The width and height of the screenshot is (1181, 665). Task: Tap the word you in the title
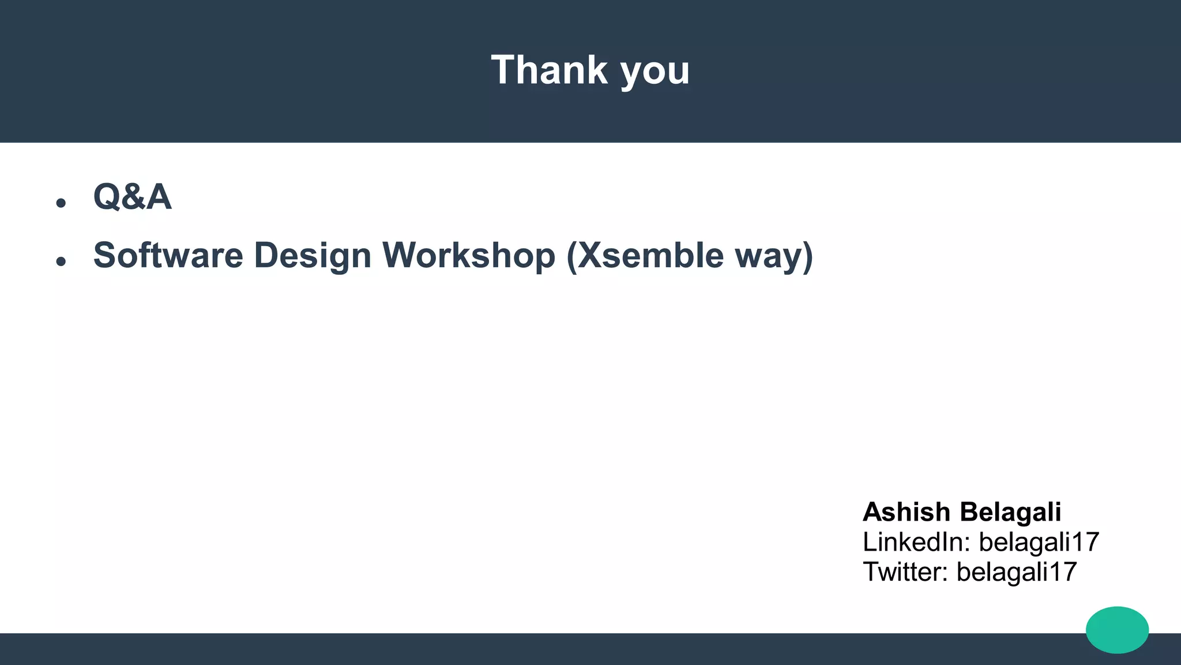click(x=655, y=73)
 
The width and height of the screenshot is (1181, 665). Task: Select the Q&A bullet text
click(x=132, y=197)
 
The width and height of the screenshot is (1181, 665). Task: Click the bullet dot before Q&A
click(x=61, y=203)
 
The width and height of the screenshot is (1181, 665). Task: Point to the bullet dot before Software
click(x=61, y=261)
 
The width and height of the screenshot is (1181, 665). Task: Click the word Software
click(x=168, y=255)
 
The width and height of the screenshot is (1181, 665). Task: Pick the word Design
click(x=312, y=256)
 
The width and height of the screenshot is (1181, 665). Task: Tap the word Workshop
click(x=469, y=256)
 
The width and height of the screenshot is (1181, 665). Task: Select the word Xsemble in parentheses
click(x=650, y=255)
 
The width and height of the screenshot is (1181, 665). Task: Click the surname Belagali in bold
click(x=1011, y=512)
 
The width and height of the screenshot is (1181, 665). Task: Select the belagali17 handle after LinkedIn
click(x=1039, y=542)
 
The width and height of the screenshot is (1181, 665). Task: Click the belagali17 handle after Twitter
click(x=1017, y=572)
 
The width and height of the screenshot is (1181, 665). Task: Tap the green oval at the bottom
click(x=1117, y=630)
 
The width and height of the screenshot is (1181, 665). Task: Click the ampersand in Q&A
click(x=133, y=197)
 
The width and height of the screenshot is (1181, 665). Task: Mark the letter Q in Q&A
click(x=107, y=197)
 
